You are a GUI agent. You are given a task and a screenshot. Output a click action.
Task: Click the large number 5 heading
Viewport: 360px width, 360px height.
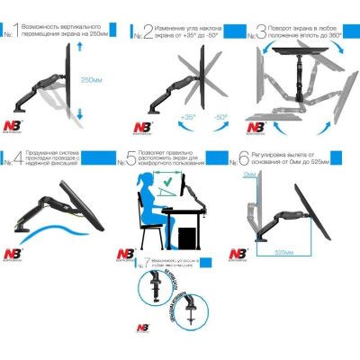pos(131,160)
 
